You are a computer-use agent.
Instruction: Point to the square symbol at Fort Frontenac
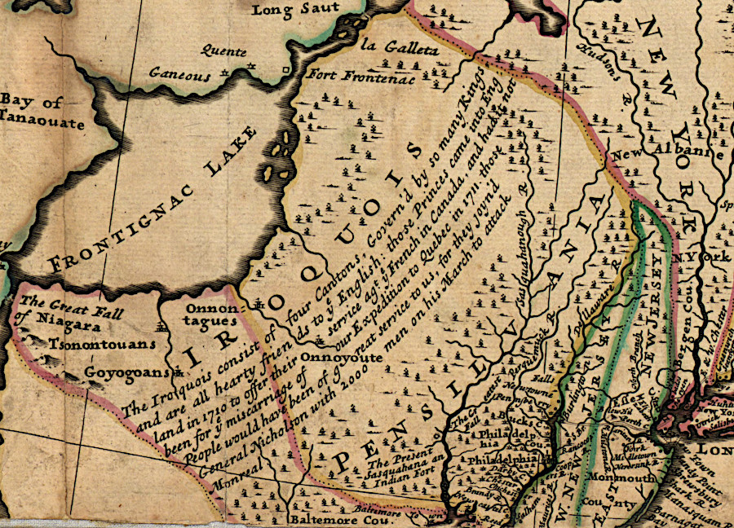(x=285, y=71)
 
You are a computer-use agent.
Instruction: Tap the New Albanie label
(x=668, y=155)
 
